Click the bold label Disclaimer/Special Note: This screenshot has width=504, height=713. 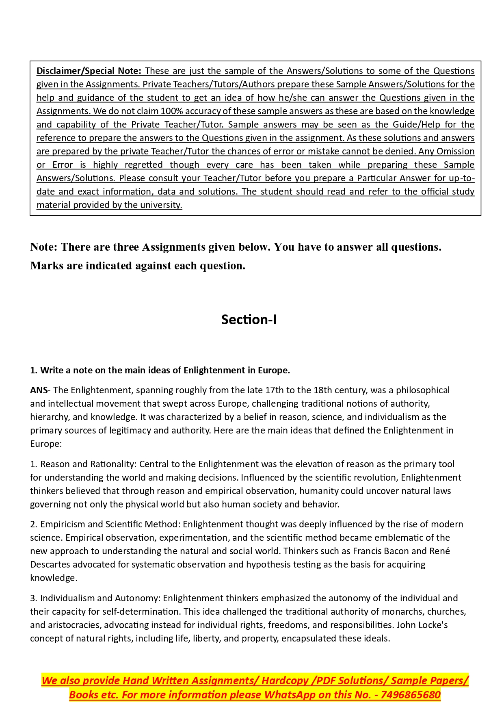click(89, 71)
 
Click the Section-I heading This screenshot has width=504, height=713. click(249, 320)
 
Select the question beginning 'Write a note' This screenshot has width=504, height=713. click(160, 371)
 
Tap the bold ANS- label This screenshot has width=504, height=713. click(39, 390)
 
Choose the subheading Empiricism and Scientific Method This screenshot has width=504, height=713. click(109, 524)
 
